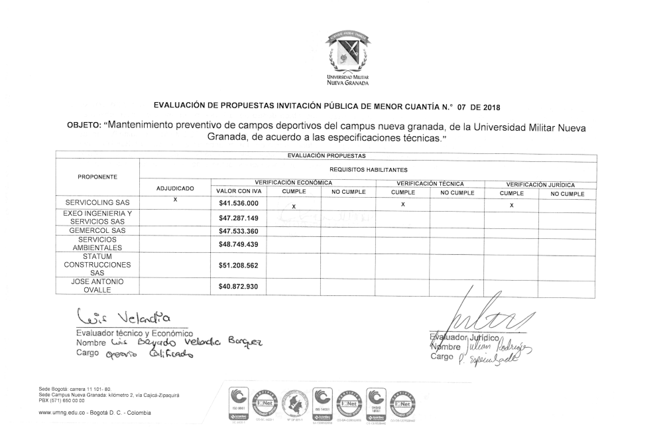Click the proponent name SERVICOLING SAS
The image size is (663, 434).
tap(97, 202)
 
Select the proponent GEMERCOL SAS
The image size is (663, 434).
tap(97, 231)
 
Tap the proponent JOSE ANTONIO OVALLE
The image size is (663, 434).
tap(97, 287)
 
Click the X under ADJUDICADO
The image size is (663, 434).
tap(175, 199)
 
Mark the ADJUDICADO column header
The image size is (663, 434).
tap(175, 189)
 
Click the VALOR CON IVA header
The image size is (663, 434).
tap(237, 193)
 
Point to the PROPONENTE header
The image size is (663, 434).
tap(97, 177)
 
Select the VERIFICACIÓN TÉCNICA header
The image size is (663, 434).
tap(430, 183)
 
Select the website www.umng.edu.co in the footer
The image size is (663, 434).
tap(64, 413)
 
